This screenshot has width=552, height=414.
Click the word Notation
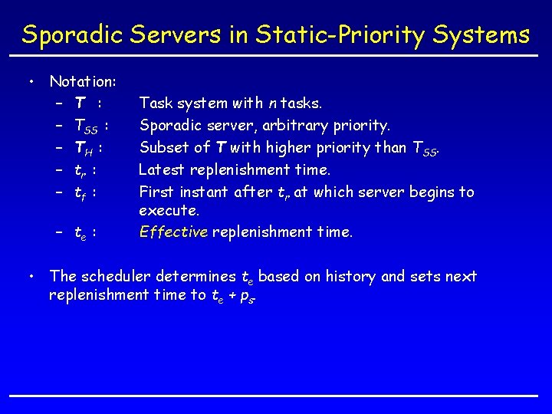pyautogui.click(x=82, y=80)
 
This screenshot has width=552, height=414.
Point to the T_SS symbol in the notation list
pyautogui.click(x=87, y=125)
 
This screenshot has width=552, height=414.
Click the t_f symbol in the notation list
pyautogui.click(x=80, y=192)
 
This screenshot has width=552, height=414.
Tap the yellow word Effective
pyautogui.click(x=173, y=232)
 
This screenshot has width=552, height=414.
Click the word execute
pyautogui.click(x=169, y=210)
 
